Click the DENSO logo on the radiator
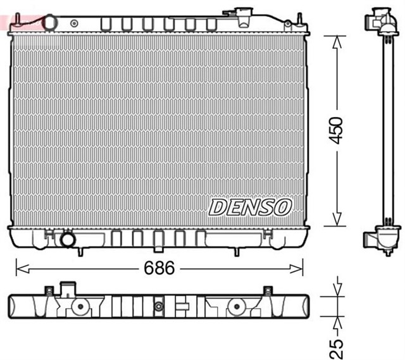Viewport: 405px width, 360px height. pyautogui.click(x=251, y=206)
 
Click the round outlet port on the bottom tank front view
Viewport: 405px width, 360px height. pyautogui.click(x=66, y=240)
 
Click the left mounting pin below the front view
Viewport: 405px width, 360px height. pyautogui.click(x=80, y=251)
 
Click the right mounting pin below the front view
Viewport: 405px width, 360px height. pyautogui.click(x=236, y=251)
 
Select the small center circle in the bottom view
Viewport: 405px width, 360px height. pyautogui.click(x=158, y=307)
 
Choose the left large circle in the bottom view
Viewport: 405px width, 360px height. pyautogui.click(x=80, y=307)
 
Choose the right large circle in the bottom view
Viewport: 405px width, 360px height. pyautogui.click(x=237, y=307)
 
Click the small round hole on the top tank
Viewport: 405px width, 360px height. pyautogui.click(x=75, y=23)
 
